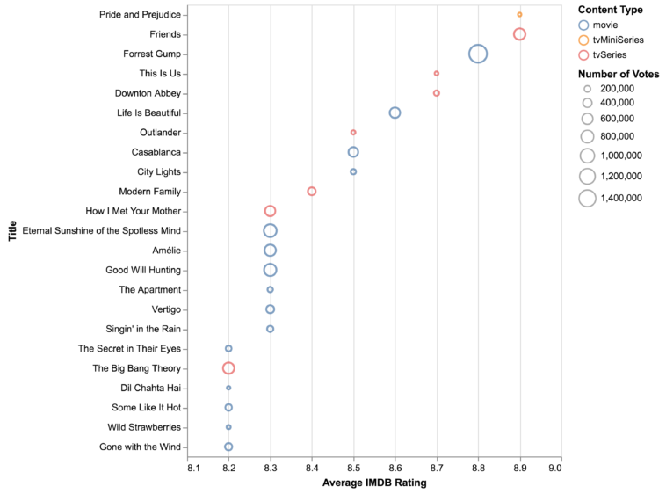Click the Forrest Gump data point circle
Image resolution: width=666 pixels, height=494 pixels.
point(478,54)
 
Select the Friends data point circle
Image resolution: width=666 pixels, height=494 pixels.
point(519,34)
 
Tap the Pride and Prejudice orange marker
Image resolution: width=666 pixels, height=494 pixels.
point(519,14)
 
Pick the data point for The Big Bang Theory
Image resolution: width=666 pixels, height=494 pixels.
point(228,368)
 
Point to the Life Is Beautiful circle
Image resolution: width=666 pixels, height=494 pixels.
point(395,113)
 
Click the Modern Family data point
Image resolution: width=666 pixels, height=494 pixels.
point(312,191)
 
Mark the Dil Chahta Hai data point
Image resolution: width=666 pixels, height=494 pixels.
point(228,388)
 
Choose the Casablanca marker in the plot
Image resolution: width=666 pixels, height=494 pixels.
point(353,152)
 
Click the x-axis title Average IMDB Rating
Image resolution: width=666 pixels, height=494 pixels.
point(373,483)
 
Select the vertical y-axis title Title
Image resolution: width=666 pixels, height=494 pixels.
point(12,230)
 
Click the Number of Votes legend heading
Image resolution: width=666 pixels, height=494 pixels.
point(619,74)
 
